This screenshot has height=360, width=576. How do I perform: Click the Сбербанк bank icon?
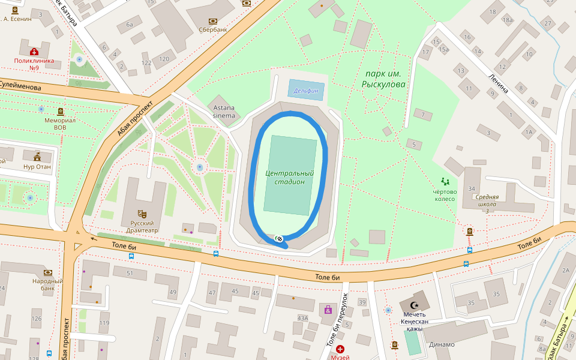click(212, 20)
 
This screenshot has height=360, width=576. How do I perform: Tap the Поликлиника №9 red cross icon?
click(35, 52)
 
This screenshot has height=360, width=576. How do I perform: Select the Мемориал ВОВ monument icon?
click(61, 112)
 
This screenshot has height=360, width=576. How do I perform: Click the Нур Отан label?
click(38, 167)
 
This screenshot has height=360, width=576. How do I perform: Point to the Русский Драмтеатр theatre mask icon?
click(142, 214)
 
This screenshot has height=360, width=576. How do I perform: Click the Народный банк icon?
click(48, 272)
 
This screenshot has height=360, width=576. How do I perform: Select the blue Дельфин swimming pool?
click(307, 91)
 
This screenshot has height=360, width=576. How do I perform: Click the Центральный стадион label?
click(290, 178)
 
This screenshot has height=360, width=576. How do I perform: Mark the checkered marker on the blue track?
click(279, 239)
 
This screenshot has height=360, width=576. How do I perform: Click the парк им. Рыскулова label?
click(383, 79)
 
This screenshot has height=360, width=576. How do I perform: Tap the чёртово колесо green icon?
click(445, 181)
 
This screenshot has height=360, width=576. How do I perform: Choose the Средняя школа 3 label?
click(487, 203)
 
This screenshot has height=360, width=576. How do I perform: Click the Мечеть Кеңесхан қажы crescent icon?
click(413, 305)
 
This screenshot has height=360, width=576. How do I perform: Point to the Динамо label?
click(442, 344)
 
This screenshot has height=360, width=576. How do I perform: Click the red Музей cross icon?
click(340, 349)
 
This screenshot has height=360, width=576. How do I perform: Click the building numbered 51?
click(130, 274)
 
